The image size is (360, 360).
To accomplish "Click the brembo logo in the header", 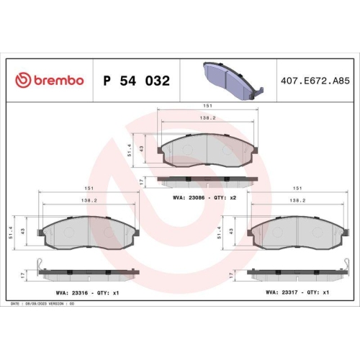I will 50,81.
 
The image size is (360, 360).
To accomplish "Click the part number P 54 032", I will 137,81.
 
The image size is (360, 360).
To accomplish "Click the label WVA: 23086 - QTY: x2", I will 205,196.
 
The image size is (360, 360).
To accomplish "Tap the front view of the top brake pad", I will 207,150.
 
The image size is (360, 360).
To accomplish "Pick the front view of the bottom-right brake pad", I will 297,233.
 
